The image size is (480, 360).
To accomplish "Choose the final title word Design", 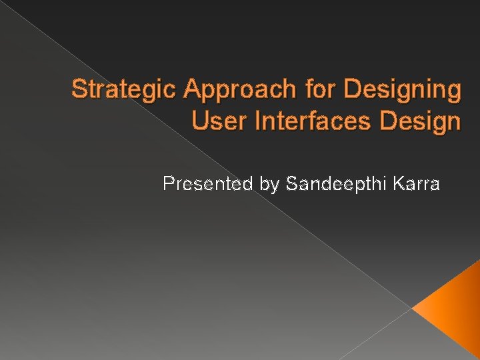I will (x=419, y=123).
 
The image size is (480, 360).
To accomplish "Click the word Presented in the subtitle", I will (x=204, y=183).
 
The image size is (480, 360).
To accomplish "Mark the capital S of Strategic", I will (x=79, y=89).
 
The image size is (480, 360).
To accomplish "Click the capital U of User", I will (x=199, y=121).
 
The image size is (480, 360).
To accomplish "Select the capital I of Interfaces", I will (x=251, y=121).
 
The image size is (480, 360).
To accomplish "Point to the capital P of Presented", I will (x=168, y=183).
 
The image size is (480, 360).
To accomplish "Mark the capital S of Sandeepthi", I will (x=291, y=183).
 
